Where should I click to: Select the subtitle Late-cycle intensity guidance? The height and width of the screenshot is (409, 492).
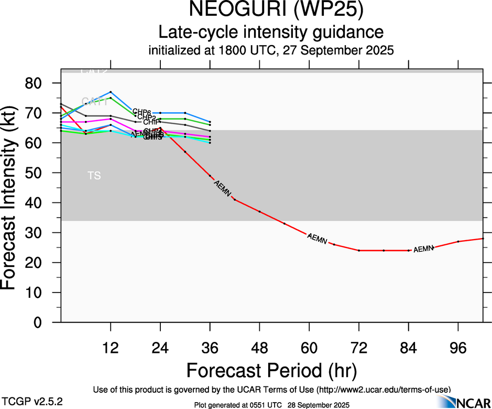[271, 33]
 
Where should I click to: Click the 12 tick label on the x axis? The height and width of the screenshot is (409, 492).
[111, 348]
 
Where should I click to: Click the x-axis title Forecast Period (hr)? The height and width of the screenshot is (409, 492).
[271, 371]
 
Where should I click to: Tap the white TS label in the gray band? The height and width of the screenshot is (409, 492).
[94, 176]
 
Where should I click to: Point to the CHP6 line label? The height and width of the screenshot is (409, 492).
[141, 112]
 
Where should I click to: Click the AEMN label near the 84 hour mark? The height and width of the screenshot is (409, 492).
[423, 249]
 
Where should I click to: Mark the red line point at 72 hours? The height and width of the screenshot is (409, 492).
[359, 251]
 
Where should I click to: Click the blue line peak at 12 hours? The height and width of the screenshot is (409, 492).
[111, 92]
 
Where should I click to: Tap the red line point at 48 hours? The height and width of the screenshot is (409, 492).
[259, 211]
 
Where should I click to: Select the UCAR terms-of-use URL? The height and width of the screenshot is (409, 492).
[382, 390]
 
